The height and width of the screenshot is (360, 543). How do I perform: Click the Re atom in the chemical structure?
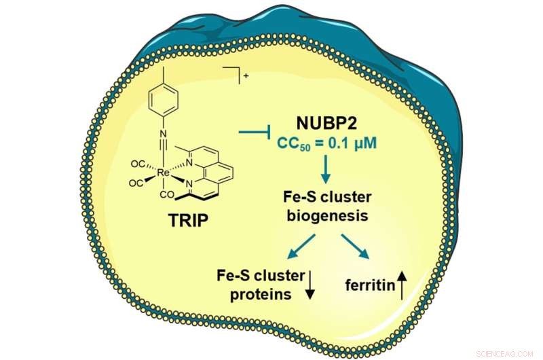tap(163, 173)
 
